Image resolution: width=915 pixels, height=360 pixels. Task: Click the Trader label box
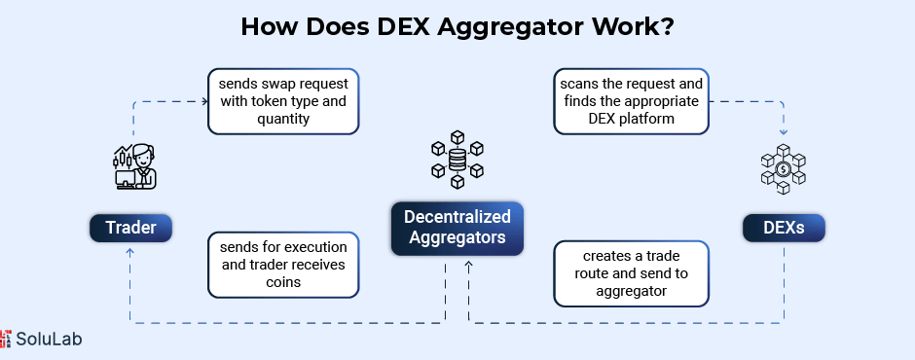130,228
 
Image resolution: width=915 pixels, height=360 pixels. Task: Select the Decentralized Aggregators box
457,228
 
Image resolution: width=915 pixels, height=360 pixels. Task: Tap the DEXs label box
784,228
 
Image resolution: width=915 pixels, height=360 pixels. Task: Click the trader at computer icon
135,167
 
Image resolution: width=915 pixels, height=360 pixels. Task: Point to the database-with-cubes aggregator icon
457,160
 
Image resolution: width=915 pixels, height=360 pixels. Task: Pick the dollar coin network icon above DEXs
784,169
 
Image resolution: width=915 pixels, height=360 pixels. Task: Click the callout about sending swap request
283,101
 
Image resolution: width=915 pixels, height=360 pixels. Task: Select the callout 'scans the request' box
631,101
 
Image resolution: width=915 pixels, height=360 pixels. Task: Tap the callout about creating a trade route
631,273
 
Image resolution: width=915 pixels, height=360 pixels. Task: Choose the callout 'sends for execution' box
283,265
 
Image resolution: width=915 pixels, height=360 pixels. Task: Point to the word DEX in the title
401,26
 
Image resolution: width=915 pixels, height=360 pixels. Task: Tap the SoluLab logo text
49,339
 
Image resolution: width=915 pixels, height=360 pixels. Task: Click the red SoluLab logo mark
5,339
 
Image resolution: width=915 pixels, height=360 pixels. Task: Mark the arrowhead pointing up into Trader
129,251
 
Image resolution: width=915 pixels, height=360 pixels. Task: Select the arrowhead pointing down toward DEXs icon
784,131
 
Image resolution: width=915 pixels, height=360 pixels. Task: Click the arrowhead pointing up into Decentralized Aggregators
468,265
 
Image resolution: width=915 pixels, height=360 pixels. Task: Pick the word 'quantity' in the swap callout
283,119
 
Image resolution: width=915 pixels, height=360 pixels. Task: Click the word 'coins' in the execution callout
283,282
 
